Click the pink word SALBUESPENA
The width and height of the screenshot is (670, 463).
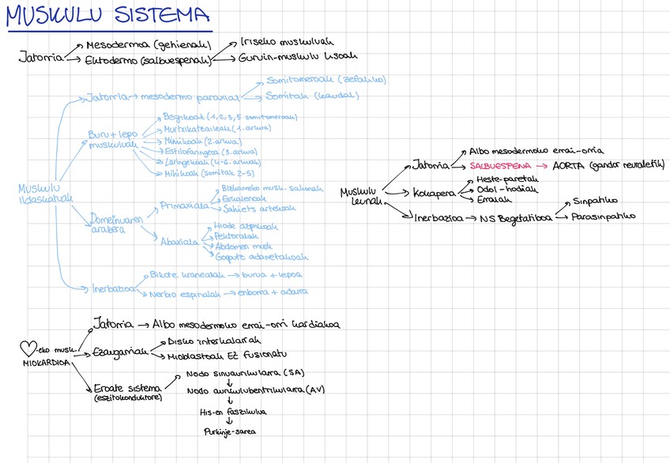click(499, 166)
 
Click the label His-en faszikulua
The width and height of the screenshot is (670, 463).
click(233, 411)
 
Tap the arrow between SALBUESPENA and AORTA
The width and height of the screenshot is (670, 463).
click(542, 166)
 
